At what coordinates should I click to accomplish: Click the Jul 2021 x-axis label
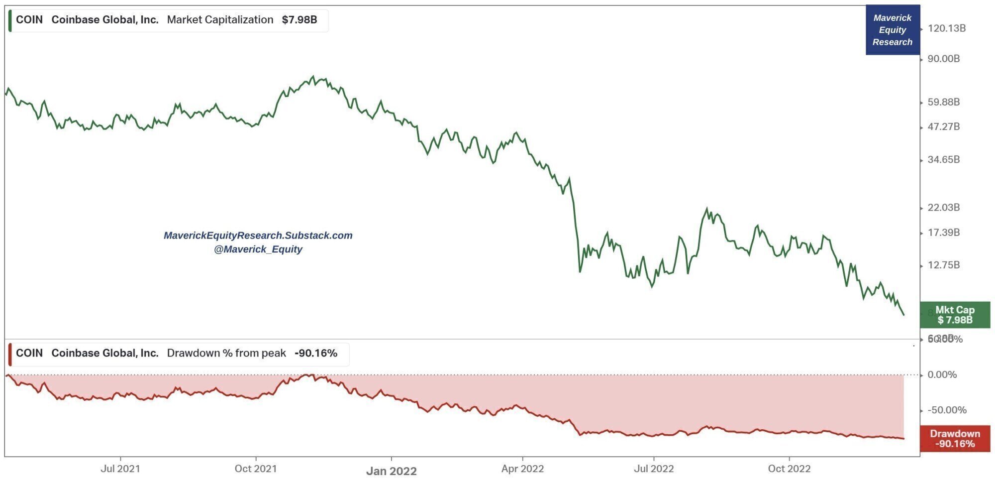tap(120, 469)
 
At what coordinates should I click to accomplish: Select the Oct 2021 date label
tap(256, 469)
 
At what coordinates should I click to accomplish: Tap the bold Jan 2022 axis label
tap(392, 471)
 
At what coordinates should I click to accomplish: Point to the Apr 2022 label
tap(522, 469)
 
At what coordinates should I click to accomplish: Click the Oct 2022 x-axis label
tap(789, 469)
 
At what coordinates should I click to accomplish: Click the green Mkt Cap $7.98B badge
tap(955, 315)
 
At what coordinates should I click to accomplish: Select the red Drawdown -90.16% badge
tap(955, 439)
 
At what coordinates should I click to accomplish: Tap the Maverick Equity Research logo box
tap(893, 30)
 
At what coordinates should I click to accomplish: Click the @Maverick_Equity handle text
tap(258, 249)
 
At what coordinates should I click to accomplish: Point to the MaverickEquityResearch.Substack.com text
tap(258, 236)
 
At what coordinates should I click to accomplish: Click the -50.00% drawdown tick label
tap(947, 410)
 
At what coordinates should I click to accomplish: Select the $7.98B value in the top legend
tap(299, 20)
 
